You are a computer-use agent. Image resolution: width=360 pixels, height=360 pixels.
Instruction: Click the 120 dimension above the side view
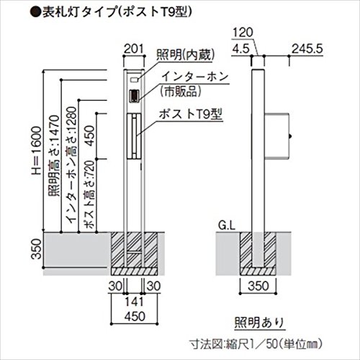[x=242, y=32]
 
